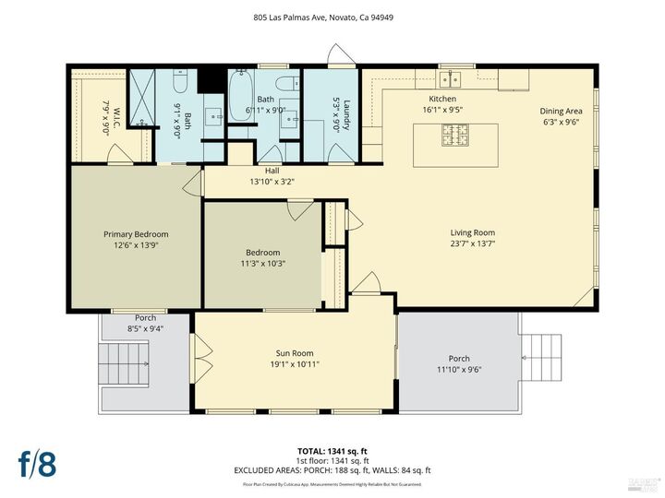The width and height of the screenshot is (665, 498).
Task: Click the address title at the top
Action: [x=332, y=16]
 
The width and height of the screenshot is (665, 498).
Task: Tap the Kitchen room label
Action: [x=442, y=99]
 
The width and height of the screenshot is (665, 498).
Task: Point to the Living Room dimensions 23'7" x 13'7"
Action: [x=472, y=244]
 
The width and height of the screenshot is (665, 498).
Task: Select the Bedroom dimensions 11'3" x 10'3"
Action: [x=262, y=263]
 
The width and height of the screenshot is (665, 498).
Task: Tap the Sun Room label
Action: [x=296, y=353]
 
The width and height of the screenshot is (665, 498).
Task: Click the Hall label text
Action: [x=272, y=171]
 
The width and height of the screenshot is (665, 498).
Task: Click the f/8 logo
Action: [x=38, y=464]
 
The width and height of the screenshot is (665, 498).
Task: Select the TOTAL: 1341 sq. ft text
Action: [x=332, y=451]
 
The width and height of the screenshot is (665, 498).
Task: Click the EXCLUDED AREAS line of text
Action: [x=332, y=470]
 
